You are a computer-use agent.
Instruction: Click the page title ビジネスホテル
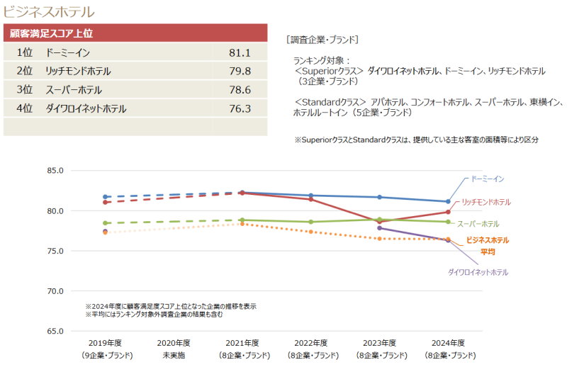[49, 12]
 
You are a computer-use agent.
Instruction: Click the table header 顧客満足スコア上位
[52, 33]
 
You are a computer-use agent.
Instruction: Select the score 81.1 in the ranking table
[240, 53]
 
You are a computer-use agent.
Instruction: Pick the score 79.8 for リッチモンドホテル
[240, 72]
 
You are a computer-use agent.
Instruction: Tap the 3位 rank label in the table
[25, 90]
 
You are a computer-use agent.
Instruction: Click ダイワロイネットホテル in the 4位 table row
[86, 108]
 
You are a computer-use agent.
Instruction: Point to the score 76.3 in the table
[240, 108]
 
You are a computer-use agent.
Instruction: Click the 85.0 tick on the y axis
[55, 171]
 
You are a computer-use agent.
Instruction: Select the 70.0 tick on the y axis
[55, 291]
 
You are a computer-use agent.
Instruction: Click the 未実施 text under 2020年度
[174, 355]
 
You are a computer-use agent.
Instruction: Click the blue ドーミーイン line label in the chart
[488, 179]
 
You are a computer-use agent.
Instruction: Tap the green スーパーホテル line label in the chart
[478, 224]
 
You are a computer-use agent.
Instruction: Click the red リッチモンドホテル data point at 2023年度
[379, 222]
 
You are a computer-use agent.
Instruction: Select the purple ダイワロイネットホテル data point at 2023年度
[379, 228]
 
